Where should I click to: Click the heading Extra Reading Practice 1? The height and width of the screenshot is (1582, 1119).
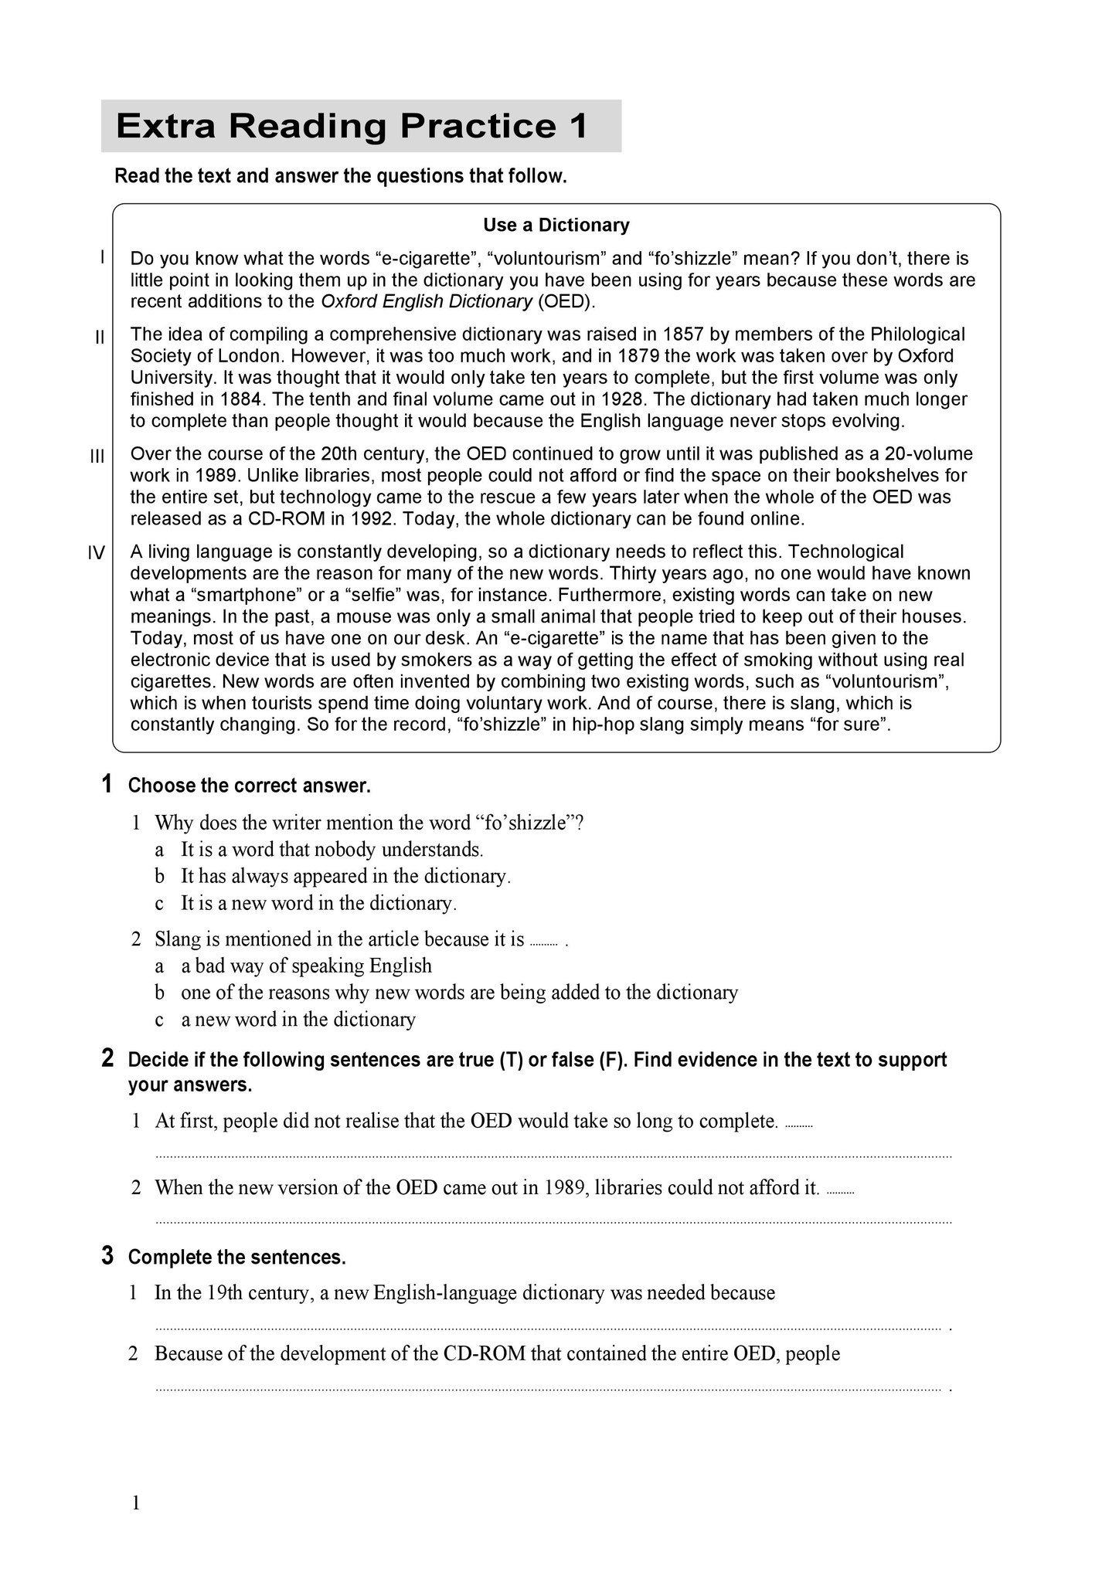pos(352,126)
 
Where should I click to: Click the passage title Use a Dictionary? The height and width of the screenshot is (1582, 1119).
pos(556,225)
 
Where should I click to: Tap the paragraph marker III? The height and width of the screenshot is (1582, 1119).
pos(97,457)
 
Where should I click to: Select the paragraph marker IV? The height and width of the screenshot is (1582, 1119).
pos(96,553)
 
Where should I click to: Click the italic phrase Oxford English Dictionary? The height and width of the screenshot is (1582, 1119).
pos(426,301)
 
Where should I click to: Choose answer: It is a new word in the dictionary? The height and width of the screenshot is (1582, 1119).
pos(318,903)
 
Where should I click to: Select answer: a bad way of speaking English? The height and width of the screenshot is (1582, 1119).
pos(306,966)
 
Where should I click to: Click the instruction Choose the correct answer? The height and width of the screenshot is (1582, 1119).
pos(250,786)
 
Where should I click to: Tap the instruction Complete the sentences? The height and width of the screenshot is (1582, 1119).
pos(236,1258)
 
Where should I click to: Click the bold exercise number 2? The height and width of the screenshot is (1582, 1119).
pos(107,1058)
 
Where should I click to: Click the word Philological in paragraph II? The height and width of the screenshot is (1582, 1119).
pos(917,334)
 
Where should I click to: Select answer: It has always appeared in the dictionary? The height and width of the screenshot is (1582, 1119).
pos(345,876)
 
